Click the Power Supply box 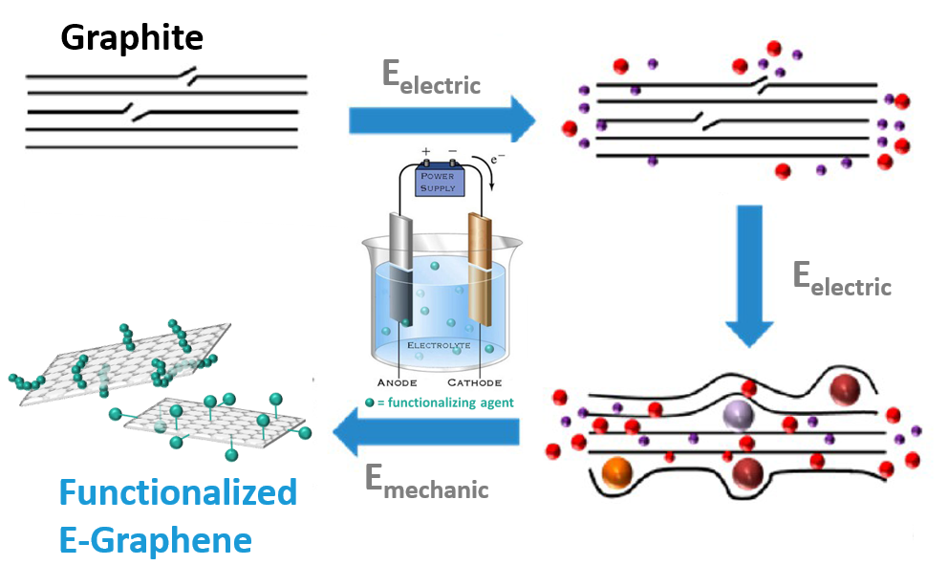tap(439, 181)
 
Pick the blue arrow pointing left tap(426, 435)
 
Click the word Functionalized tap(178, 493)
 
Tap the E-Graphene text tap(155, 540)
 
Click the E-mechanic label tap(426, 482)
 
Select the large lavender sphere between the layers tap(738, 414)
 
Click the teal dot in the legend tap(370, 402)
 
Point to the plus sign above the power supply tap(426, 151)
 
